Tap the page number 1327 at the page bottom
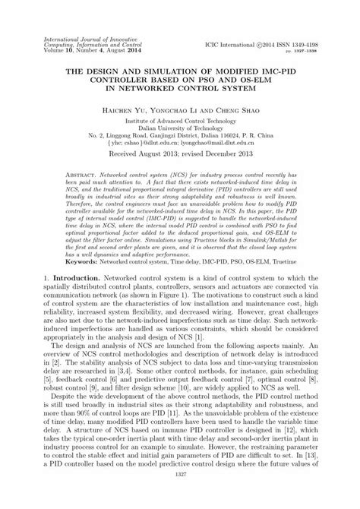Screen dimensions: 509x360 (x=180, y=495)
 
